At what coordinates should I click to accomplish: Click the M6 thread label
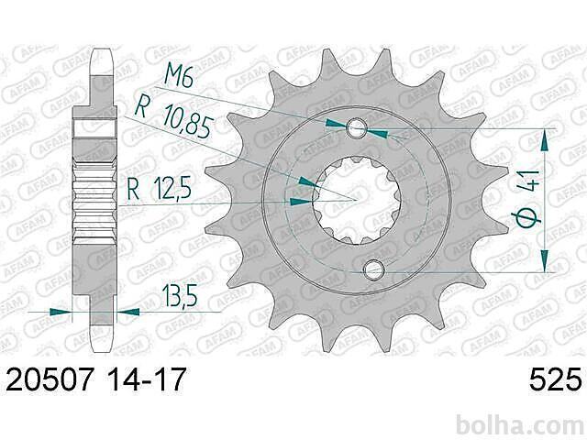(179, 79)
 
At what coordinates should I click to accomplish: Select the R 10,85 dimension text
(174, 116)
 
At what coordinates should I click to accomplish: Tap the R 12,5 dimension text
(159, 189)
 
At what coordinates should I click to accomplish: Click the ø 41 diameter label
(528, 200)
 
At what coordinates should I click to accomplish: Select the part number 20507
(49, 379)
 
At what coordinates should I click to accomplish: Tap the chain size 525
(556, 379)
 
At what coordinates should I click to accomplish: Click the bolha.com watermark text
(520, 424)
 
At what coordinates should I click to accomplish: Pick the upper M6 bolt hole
(356, 128)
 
